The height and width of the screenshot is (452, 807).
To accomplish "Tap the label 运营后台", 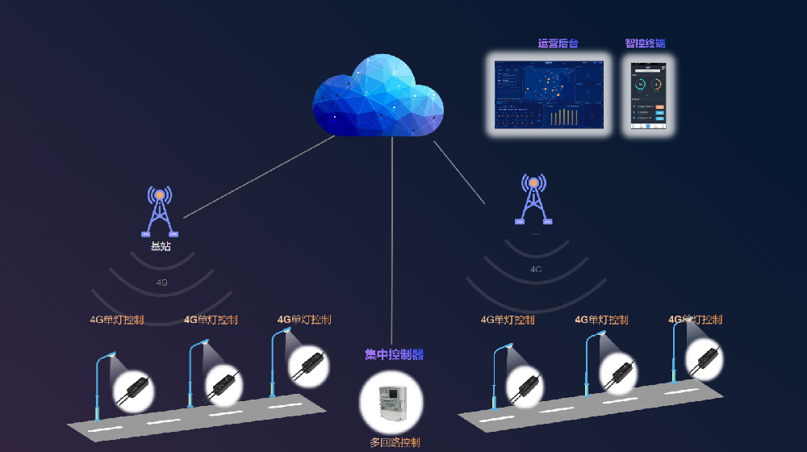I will click(558, 44).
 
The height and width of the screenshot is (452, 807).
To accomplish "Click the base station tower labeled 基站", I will click(160, 211).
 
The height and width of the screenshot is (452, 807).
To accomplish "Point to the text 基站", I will click(160, 246).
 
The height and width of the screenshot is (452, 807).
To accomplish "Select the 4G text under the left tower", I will click(161, 282).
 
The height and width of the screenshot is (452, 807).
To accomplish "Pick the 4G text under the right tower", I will click(536, 269).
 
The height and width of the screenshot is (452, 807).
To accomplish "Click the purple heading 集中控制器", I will click(394, 354).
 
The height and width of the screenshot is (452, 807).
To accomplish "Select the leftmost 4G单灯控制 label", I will click(117, 320).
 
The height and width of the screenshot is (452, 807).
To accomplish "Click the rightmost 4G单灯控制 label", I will click(695, 320).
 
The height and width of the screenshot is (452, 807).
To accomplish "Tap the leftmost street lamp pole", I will click(98, 387).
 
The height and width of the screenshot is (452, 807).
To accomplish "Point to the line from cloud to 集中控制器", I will click(392, 242).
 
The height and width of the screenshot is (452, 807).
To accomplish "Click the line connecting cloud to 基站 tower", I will click(258, 177).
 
